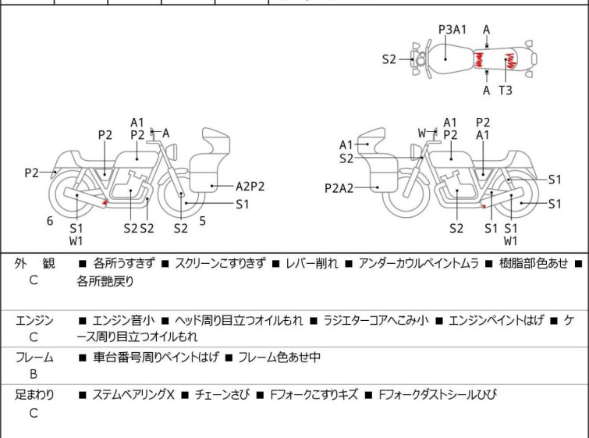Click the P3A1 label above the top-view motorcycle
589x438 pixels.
(x=452, y=30)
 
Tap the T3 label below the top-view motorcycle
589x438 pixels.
(x=506, y=91)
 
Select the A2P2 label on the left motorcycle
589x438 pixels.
(x=250, y=187)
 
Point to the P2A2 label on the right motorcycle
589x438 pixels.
(x=339, y=188)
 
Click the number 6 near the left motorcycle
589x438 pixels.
(x=50, y=221)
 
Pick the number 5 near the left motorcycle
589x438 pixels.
(x=202, y=221)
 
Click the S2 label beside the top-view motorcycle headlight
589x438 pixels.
(x=389, y=59)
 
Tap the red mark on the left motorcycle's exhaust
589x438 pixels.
(x=105, y=204)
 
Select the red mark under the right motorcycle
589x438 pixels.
(x=484, y=207)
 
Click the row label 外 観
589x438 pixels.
(x=35, y=264)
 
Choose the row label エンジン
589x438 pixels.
(x=34, y=320)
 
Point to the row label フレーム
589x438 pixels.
(x=34, y=358)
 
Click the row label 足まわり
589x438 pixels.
(x=35, y=395)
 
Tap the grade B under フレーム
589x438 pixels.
(x=34, y=375)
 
